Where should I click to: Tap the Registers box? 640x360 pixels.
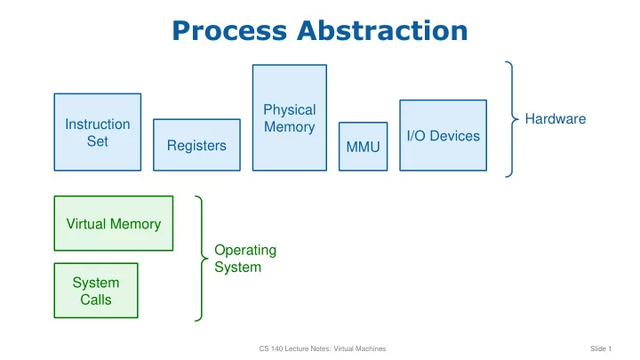[196, 144]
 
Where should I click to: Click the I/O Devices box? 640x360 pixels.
[443, 135]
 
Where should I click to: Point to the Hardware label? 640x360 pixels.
[556, 118]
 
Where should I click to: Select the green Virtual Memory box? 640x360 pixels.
[114, 224]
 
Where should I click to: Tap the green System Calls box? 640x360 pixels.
[96, 291]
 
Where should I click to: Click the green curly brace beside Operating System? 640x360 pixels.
[203, 258]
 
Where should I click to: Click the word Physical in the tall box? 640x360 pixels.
[289, 110]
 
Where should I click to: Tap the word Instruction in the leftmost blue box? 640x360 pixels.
[97, 124]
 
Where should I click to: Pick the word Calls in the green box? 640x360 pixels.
[96, 300]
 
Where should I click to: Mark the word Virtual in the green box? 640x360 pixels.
[87, 224]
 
